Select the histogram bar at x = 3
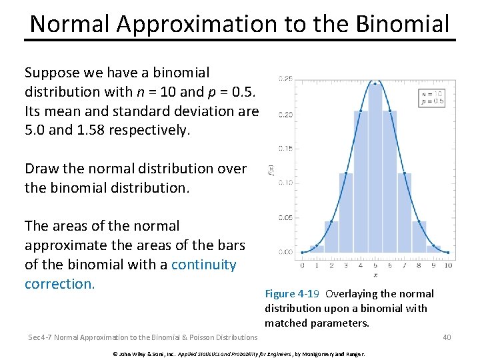[x=346, y=213]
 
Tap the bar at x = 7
[x=404, y=213]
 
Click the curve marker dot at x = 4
[x=361, y=111]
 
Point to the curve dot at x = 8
[x=419, y=222]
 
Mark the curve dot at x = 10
[x=448, y=252]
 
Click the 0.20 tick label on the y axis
[x=285, y=115]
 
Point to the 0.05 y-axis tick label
[x=285, y=217]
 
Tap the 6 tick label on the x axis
[x=389, y=265]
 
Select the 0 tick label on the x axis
[x=303, y=265]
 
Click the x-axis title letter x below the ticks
[x=375, y=274]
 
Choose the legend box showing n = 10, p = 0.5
[x=431, y=97]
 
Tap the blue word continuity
[x=203, y=265]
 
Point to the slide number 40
[x=447, y=337]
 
